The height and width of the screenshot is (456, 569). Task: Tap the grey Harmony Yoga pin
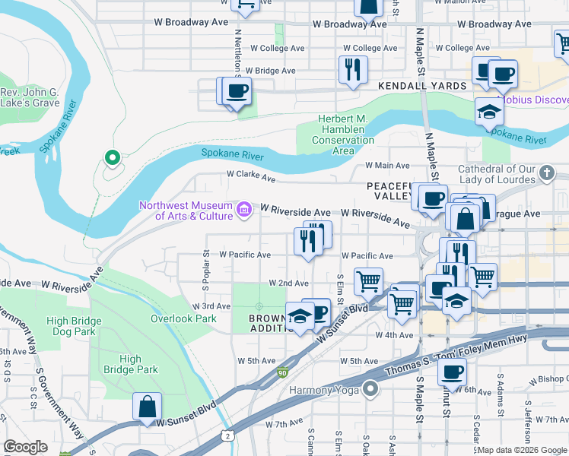pos(370,390)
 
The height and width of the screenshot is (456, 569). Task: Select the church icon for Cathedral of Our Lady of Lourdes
pos(545,174)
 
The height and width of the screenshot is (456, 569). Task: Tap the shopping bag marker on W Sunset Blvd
pos(146,407)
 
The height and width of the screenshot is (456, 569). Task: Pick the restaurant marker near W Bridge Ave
pos(352,70)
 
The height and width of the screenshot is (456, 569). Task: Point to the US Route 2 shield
pos(227,435)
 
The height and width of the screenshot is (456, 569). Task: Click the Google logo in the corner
pos(25,447)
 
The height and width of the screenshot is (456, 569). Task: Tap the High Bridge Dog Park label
pos(74,326)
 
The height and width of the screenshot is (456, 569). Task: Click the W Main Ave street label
pos(386,165)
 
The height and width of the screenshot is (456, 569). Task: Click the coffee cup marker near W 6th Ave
pos(452,372)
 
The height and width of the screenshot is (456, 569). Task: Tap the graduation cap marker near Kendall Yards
pos(490,112)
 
